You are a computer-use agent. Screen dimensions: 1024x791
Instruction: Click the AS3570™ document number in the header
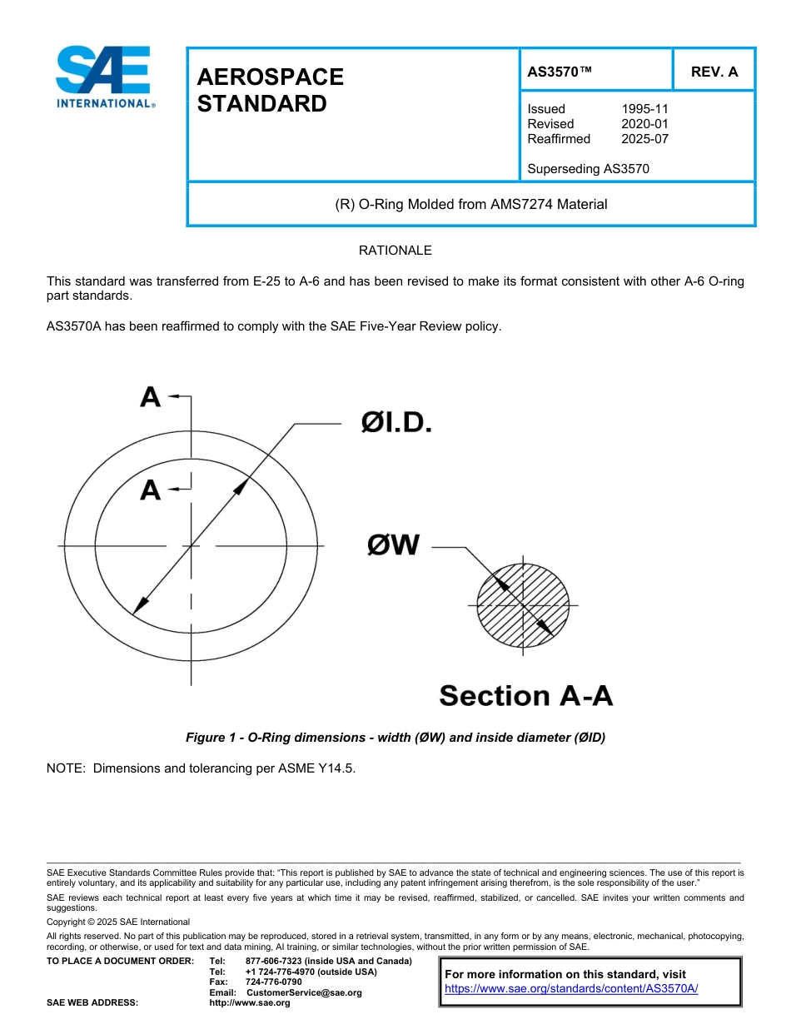[x=560, y=72]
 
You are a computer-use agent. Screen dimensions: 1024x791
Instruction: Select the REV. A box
[x=714, y=72]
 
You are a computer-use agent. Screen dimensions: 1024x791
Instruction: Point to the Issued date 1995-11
[x=644, y=109]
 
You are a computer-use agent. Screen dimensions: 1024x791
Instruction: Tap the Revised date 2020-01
[x=644, y=124]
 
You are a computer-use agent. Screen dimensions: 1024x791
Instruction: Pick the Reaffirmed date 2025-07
[x=644, y=139]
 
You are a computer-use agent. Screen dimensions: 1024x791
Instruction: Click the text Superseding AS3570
[x=588, y=169]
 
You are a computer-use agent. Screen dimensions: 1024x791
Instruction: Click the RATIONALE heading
[x=395, y=251]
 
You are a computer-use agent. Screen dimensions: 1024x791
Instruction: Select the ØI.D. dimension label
[x=396, y=424]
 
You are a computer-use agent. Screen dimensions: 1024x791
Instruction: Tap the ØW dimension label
[x=393, y=546]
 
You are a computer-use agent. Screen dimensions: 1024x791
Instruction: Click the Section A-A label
[x=525, y=695]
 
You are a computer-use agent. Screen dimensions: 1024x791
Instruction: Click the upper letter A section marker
[x=151, y=398]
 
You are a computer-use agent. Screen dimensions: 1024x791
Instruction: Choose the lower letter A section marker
[x=151, y=490]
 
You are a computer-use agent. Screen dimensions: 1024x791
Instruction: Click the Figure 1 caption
[x=395, y=738]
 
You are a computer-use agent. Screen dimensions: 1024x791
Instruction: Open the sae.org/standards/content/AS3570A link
[x=570, y=989]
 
